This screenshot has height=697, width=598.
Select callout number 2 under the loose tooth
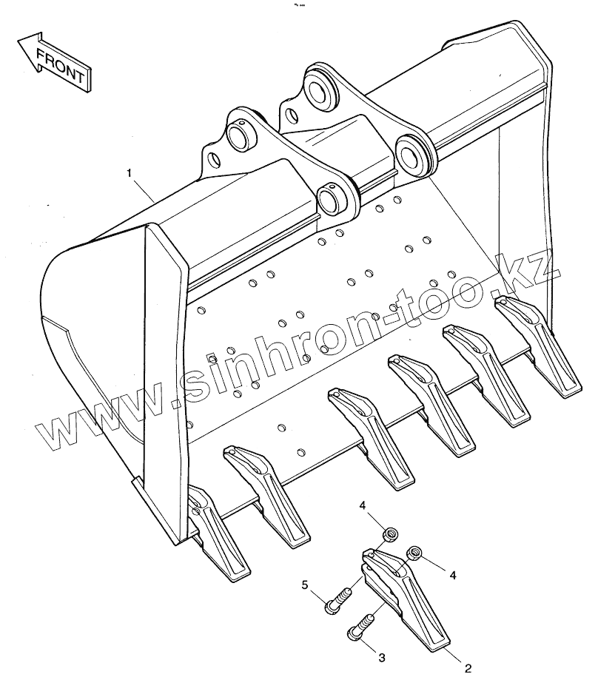[468, 668]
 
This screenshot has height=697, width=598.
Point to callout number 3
[382, 656]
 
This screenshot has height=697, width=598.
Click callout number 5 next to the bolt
[304, 586]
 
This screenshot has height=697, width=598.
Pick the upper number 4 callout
[363, 505]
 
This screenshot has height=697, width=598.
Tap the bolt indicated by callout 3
[360, 625]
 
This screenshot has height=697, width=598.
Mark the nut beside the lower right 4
[415, 553]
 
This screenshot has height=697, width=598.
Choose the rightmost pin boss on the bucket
[411, 153]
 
